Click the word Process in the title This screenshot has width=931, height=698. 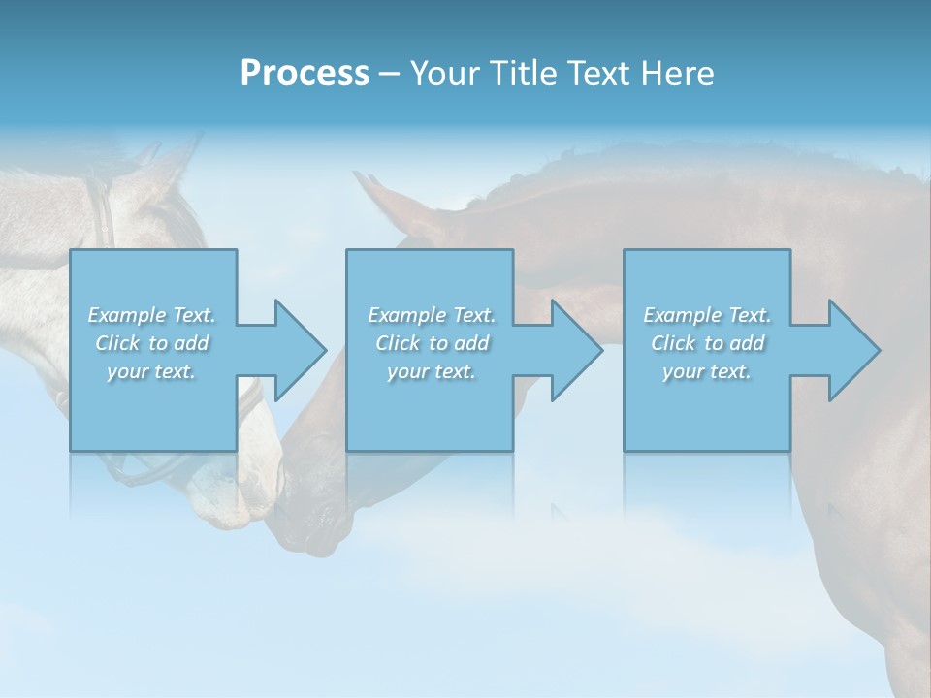click(x=305, y=74)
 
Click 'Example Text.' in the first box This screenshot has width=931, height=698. click(x=151, y=315)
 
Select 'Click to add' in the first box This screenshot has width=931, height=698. click(x=152, y=343)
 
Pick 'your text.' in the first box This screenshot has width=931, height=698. click(x=151, y=371)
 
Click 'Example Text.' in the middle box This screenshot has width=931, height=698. click(x=431, y=315)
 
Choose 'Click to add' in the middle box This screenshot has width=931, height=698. click(x=432, y=343)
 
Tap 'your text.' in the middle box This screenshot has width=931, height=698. click(x=431, y=371)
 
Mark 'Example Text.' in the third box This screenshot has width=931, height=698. click(x=707, y=315)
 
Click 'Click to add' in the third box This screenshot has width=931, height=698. click(x=708, y=343)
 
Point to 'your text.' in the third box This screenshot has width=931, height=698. click(x=707, y=371)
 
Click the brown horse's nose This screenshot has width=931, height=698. click(x=305, y=528)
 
